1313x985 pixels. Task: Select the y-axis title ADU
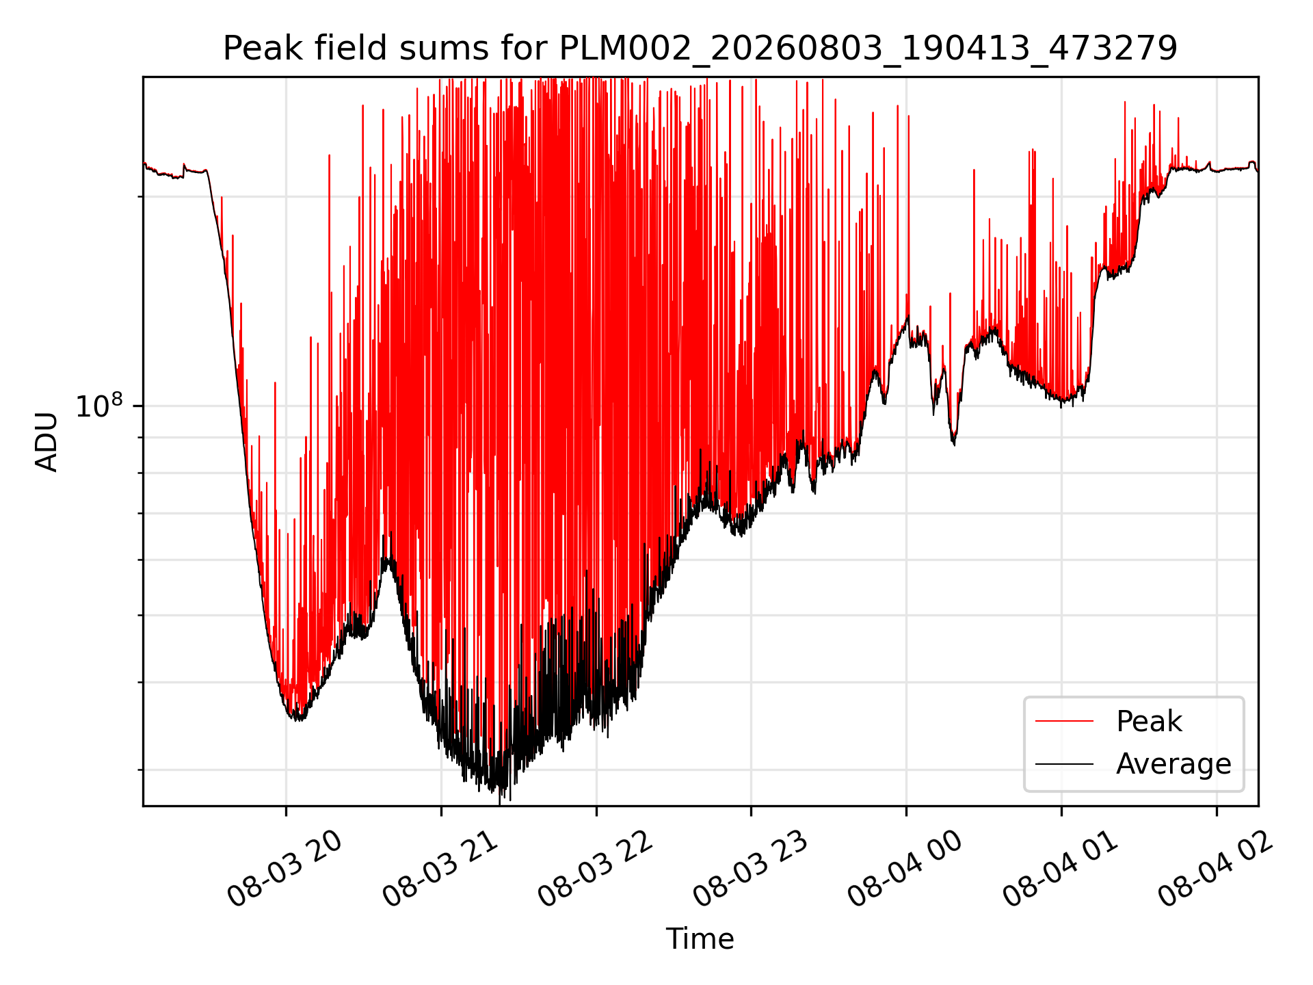point(47,442)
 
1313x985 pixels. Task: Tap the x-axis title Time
point(700,939)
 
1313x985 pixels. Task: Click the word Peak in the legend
point(1149,721)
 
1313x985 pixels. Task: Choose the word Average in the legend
point(1173,764)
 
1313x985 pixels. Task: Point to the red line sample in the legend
point(1064,721)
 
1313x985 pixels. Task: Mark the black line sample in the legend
point(1064,763)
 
